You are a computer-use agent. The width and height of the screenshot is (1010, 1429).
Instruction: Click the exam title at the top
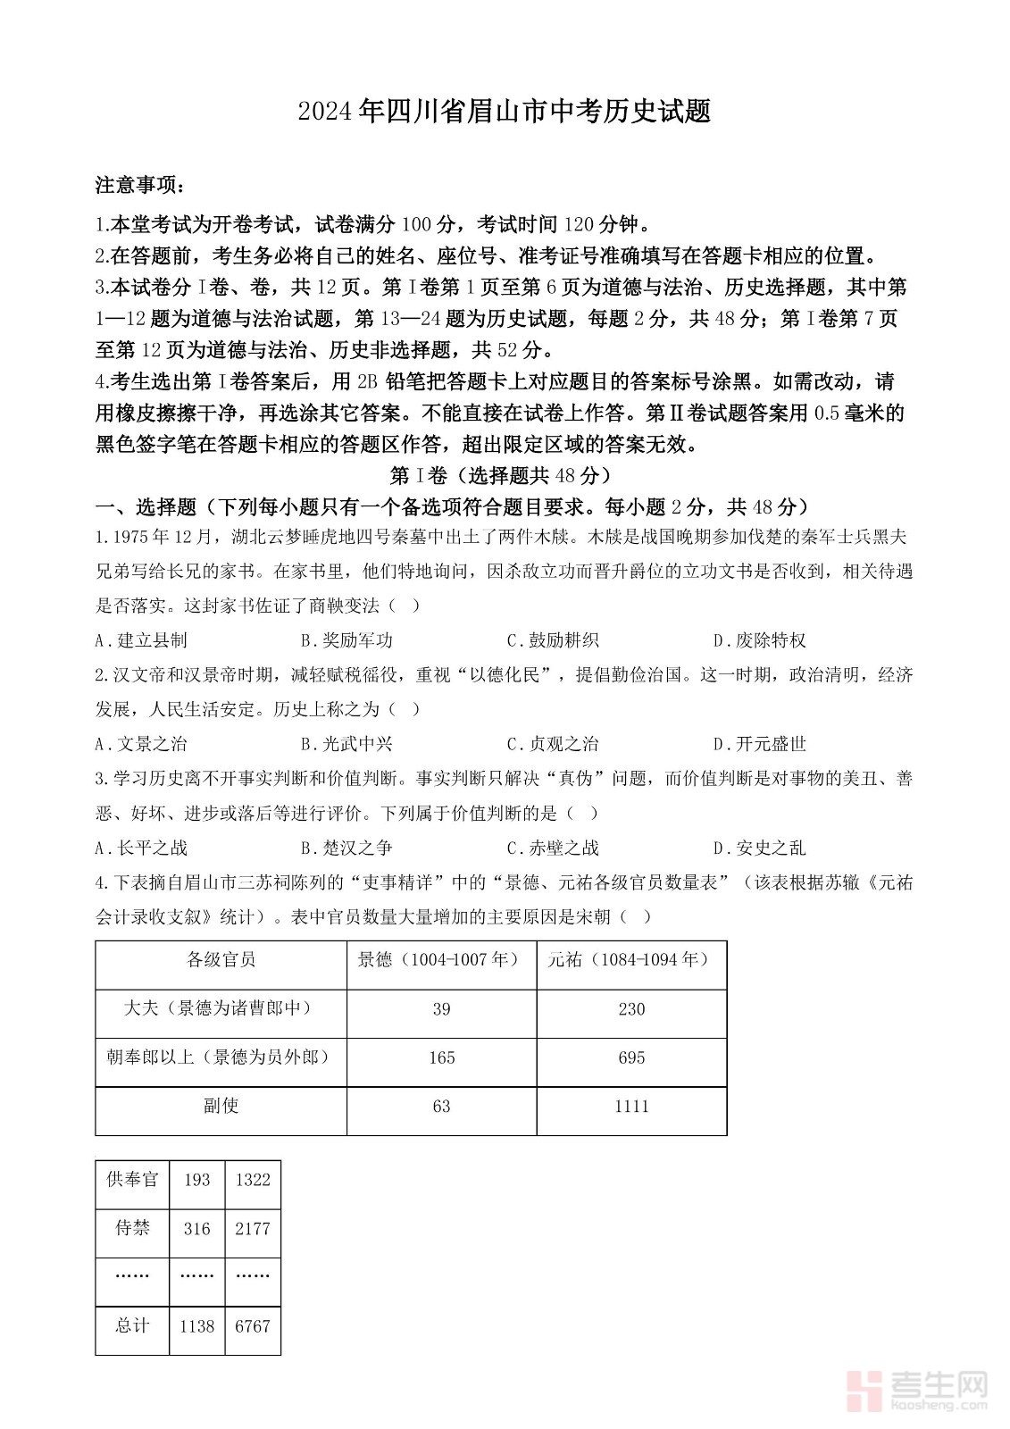pos(505,112)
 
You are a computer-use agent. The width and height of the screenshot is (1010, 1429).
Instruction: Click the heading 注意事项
pos(140,185)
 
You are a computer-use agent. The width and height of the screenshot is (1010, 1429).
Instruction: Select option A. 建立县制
pos(141,640)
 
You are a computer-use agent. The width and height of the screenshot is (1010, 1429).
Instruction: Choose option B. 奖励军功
pos(346,640)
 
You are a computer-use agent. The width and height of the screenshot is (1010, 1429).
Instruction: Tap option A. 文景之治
pos(141,744)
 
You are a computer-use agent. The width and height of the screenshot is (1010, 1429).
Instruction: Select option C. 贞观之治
pos(553,744)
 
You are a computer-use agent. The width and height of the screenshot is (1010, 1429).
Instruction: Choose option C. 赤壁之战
pos(553,848)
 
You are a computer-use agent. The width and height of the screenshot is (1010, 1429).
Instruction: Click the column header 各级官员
pos(221,960)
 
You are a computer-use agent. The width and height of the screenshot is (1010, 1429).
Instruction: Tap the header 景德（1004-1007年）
pos(441,960)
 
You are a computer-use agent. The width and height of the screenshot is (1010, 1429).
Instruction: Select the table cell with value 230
pos(631,1009)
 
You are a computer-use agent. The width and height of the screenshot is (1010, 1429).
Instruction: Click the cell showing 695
pos(631,1057)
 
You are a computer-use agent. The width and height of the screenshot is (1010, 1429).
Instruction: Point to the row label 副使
pos(221,1106)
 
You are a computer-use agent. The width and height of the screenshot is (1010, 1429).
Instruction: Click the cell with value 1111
pos(631,1107)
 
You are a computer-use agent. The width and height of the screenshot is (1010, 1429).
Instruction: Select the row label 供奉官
pos(132,1180)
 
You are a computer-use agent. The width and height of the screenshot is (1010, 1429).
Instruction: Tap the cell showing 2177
pos(253,1229)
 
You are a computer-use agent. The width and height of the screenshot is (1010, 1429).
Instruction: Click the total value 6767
pos(253,1326)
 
